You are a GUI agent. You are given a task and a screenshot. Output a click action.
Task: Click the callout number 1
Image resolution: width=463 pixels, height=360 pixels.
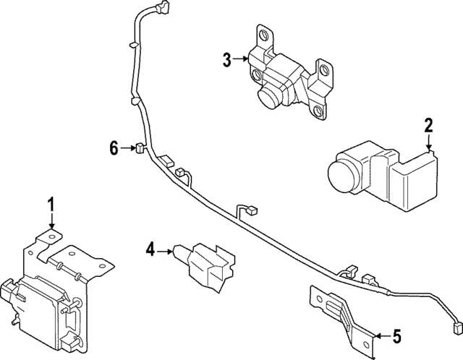click(x=51, y=205)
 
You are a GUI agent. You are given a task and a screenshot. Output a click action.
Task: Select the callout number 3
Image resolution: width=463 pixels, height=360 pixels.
click(x=227, y=60)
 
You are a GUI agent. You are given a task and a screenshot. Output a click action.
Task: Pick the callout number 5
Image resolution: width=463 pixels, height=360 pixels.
click(x=396, y=336)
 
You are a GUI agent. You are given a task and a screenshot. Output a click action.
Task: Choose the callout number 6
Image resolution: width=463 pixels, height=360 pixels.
click(x=114, y=149)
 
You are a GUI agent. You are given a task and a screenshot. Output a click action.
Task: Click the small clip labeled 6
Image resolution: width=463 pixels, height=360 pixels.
click(x=137, y=150)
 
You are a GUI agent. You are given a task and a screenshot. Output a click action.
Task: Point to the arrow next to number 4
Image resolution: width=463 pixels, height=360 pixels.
click(x=165, y=251)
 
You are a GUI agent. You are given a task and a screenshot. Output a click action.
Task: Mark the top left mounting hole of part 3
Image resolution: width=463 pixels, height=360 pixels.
click(x=263, y=34)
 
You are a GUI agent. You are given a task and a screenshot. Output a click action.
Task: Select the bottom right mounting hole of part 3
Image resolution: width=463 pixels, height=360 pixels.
click(x=317, y=111)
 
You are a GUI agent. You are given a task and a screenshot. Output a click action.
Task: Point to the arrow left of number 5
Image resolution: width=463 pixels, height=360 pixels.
click(x=380, y=336)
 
